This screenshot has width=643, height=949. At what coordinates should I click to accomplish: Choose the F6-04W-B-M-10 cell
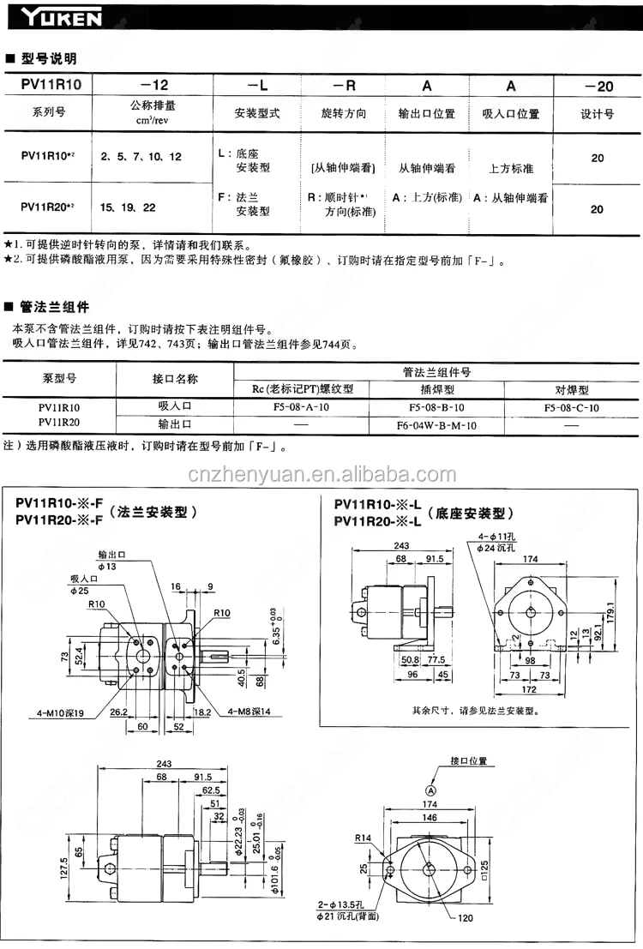pyautogui.click(x=436, y=425)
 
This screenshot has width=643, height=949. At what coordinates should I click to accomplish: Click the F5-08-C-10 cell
pyautogui.click(x=571, y=407)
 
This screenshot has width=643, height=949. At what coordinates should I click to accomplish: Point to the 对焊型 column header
pyautogui.click(x=571, y=388)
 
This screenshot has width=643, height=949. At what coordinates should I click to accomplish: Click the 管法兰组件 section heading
pyautogui.click(x=55, y=307)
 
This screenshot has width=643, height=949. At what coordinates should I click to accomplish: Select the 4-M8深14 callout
pyautogui.click(x=249, y=711)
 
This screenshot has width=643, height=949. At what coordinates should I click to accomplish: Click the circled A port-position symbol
pyautogui.click(x=432, y=790)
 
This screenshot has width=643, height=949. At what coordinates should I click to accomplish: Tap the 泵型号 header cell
pyautogui.click(x=60, y=378)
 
